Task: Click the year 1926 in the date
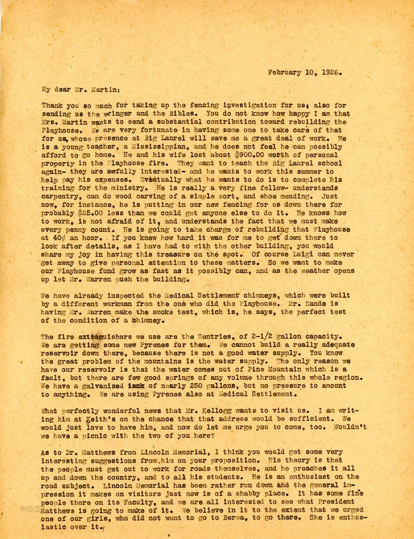[x=332, y=73]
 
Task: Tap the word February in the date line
[x=284, y=73]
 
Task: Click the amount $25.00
[x=92, y=213]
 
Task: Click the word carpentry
[x=61, y=196]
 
